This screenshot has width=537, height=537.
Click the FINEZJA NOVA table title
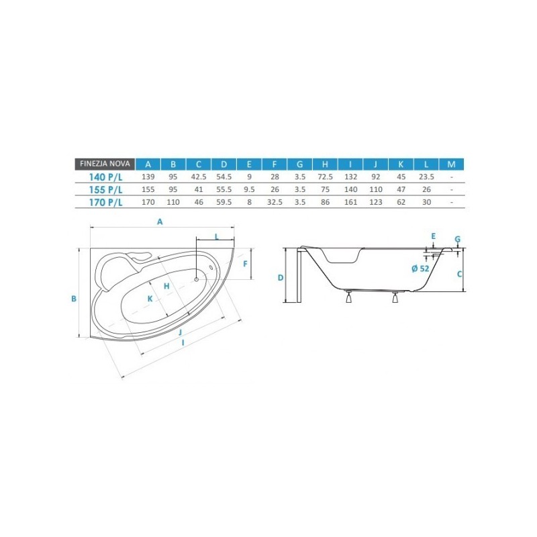point(105,164)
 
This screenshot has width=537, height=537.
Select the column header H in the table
point(325,164)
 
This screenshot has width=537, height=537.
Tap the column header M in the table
point(451,164)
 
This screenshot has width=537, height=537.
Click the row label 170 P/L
point(105,203)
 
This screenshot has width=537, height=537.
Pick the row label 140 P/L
point(105,177)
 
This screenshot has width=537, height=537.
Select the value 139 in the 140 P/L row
point(148,177)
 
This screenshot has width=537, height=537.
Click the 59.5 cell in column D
point(224,202)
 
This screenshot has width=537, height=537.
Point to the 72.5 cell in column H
point(325,177)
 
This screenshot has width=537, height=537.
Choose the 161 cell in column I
point(350,202)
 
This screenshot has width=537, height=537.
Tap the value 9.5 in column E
point(249,189)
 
